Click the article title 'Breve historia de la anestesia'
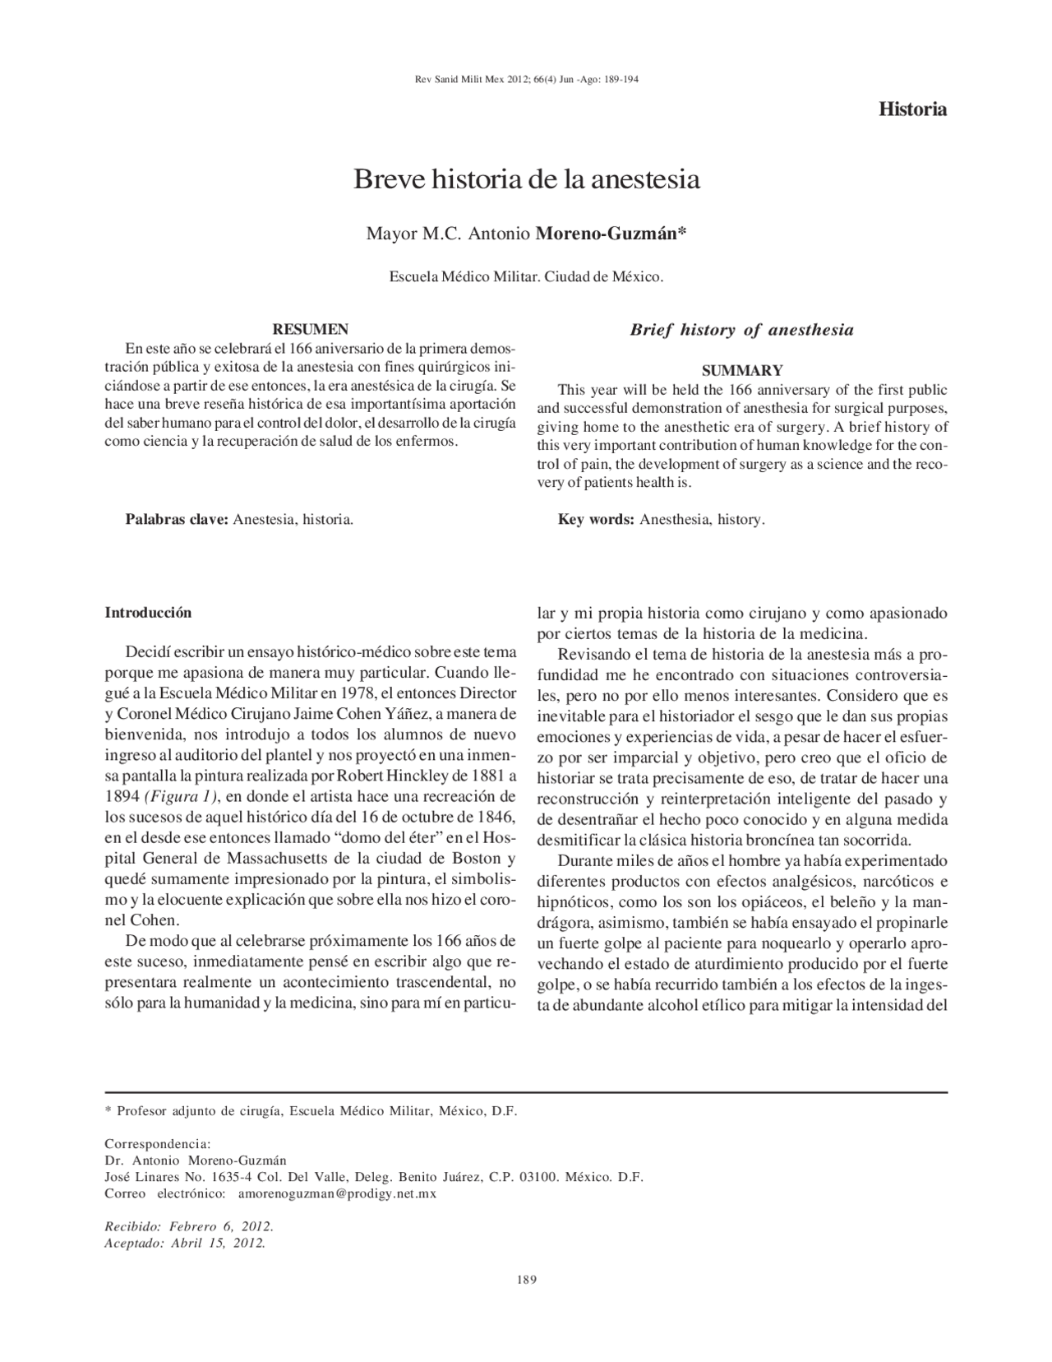click(526, 180)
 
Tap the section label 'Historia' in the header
click(912, 109)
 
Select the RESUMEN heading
click(311, 329)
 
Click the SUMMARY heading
click(741, 371)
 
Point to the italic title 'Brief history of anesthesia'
click(741, 331)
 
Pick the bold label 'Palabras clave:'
click(177, 520)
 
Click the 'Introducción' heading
click(148, 613)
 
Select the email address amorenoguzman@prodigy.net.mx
click(337, 1193)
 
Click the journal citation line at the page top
click(526, 80)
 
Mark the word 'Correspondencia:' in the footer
click(158, 1144)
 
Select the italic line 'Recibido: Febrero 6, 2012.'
click(189, 1226)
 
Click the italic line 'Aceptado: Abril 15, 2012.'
click(185, 1243)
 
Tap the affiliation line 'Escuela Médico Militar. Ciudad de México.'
click(526, 277)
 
